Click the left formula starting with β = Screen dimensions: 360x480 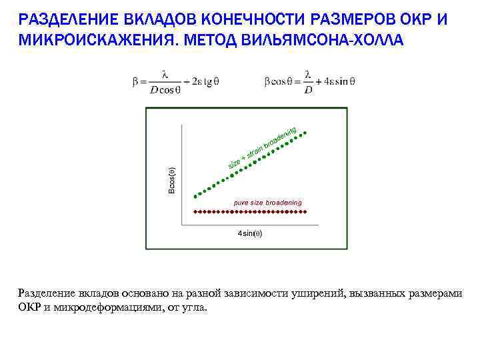pyautogui.click(x=175, y=82)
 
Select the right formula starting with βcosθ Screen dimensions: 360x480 pyautogui.click(x=309, y=82)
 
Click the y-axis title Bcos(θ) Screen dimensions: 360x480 pyautogui.click(x=171, y=179)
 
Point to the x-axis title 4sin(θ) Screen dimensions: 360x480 pyautogui.click(x=250, y=233)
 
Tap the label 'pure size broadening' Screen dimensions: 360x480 pyautogui.click(x=267, y=202)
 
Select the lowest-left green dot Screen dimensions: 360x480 pyautogui.click(x=195, y=197)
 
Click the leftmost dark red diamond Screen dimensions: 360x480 pyautogui.click(x=195, y=211)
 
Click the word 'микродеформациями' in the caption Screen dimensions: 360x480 pyautogui.click(x=112, y=308)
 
